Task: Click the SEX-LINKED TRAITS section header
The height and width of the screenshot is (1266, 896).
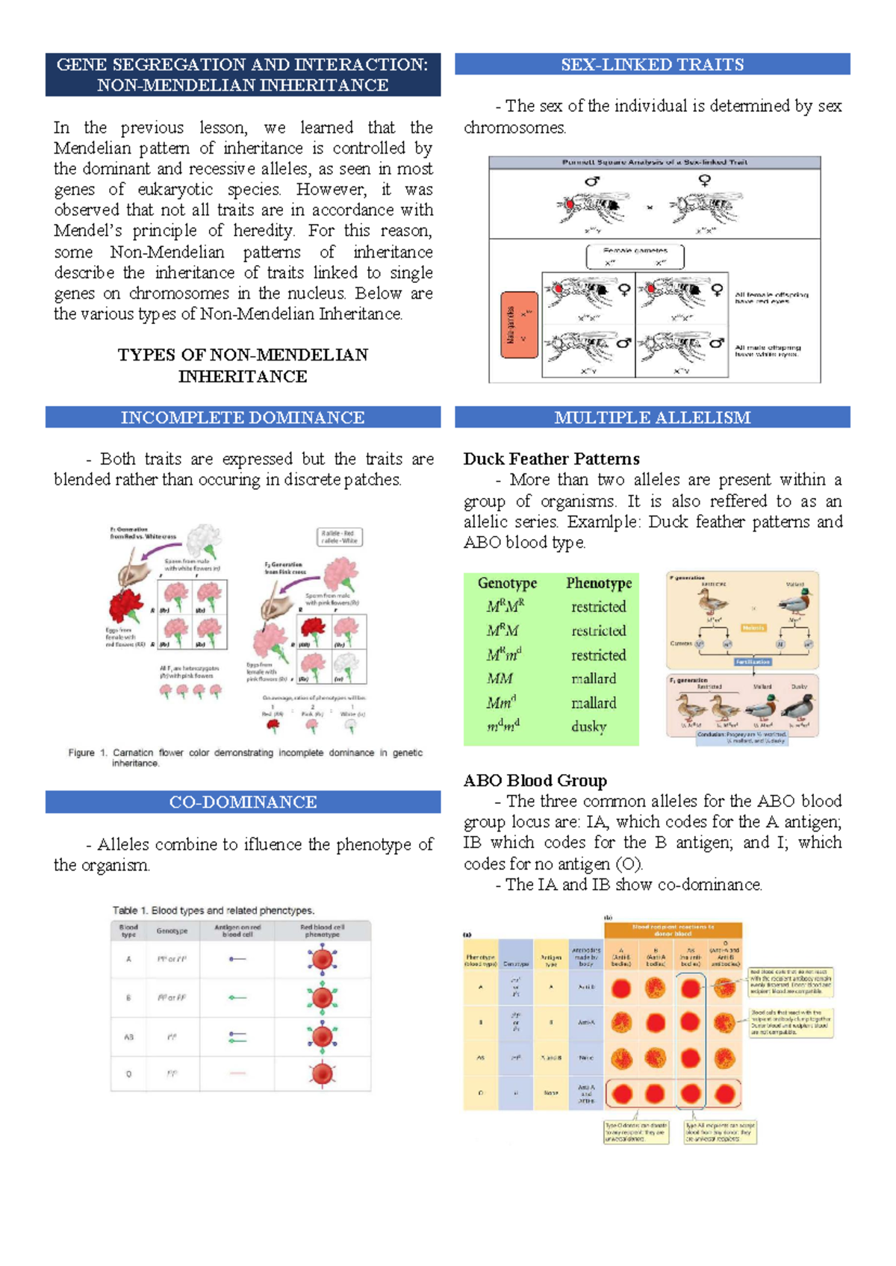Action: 652,64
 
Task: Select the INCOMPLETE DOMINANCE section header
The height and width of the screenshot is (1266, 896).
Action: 243,417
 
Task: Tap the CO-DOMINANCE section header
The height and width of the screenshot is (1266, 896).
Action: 243,802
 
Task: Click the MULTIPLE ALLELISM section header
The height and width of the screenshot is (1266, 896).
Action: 652,417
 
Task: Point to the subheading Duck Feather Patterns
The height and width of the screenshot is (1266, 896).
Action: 551,459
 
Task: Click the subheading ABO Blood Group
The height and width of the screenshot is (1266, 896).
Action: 535,781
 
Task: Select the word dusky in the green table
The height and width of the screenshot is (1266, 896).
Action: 588,726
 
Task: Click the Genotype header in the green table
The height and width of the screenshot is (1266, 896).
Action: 507,583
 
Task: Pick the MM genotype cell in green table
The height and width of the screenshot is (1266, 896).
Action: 500,679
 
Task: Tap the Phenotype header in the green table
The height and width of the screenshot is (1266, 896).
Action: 599,583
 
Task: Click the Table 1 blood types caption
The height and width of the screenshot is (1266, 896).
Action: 214,911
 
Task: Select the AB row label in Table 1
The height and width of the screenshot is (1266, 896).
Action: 128,1037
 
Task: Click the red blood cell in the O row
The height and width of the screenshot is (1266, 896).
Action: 323,1073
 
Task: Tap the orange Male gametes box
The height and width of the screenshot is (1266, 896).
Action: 519,325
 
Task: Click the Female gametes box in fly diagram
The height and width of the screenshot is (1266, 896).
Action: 635,257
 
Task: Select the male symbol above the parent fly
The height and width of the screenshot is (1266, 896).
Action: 592,181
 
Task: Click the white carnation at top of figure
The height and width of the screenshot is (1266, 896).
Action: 204,539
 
